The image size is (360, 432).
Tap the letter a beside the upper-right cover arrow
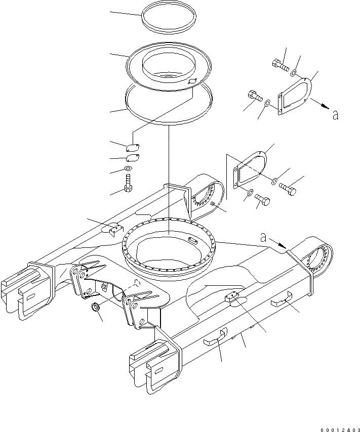335,116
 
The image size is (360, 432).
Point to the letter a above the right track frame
263,236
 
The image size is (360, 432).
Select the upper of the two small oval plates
133,148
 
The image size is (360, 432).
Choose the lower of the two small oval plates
132,158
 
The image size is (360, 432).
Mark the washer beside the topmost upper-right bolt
294,74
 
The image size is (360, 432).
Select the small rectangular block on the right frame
233,297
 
